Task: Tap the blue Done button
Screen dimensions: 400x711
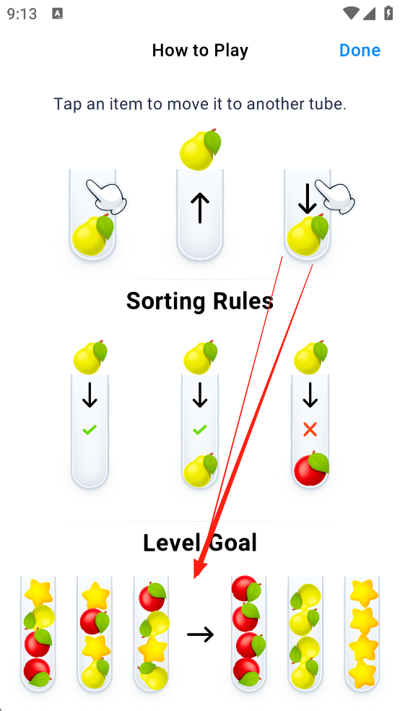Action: coord(360,51)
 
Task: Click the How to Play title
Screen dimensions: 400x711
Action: coord(200,51)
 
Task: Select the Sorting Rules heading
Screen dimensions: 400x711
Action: coord(200,301)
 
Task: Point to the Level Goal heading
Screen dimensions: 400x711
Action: coord(200,543)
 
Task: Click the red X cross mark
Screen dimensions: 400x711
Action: coord(310,430)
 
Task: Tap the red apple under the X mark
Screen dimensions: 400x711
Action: coord(310,470)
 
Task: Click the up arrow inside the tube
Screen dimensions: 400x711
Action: coord(200,207)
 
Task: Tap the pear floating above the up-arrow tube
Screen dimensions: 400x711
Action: coord(200,149)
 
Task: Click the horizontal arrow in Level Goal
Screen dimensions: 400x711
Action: coord(200,634)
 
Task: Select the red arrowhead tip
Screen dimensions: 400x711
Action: coord(195,579)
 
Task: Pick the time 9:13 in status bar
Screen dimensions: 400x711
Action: coord(22,14)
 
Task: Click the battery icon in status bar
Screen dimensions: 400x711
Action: coord(388,14)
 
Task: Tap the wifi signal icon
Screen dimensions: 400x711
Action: coord(351,14)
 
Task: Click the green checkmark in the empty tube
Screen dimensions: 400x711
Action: coord(90,429)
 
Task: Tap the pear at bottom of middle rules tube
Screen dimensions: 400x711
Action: coord(200,470)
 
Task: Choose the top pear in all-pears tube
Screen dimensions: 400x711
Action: coord(305,597)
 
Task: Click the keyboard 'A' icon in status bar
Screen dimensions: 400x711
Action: coord(58,14)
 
